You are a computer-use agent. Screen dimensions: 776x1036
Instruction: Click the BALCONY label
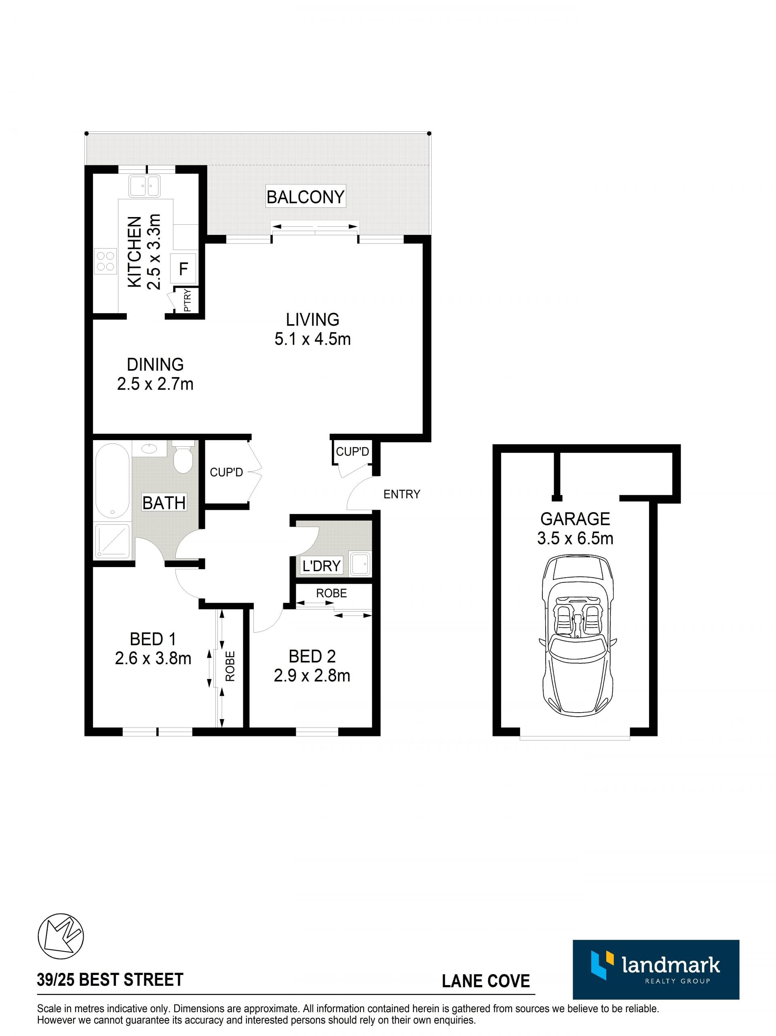[x=305, y=197]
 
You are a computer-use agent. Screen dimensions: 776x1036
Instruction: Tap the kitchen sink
[x=144, y=186]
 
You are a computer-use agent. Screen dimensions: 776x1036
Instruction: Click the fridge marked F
[x=183, y=268]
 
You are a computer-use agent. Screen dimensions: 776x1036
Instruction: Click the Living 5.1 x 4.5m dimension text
[x=312, y=339]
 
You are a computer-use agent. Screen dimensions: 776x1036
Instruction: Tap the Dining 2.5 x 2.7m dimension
[x=155, y=384]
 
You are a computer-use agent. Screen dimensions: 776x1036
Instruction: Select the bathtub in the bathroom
[x=112, y=481]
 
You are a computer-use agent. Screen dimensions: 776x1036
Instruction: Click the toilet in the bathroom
[x=183, y=457]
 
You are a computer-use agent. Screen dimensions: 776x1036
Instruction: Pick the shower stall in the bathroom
[x=112, y=540]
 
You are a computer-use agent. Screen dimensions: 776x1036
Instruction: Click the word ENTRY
[x=401, y=494]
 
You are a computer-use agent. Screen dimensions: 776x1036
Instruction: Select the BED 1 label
[x=153, y=639]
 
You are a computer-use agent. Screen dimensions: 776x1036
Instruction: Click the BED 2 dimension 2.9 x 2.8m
[x=312, y=675]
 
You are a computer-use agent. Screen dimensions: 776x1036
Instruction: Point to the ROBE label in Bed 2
[x=331, y=593]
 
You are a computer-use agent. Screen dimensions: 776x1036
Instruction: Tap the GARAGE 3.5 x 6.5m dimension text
[x=575, y=538]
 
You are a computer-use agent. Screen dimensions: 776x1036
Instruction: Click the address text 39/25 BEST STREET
[x=110, y=979]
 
